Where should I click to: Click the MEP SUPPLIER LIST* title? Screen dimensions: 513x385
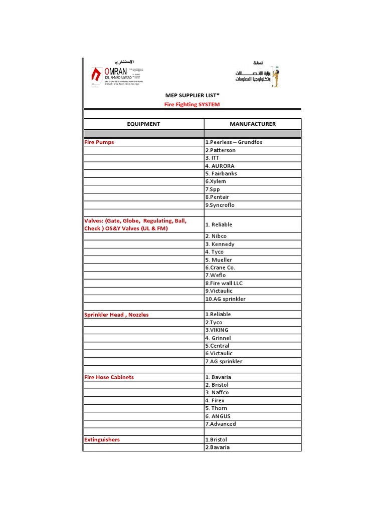click(x=192, y=95)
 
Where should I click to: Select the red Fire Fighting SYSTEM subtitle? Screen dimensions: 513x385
click(x=192, y=105)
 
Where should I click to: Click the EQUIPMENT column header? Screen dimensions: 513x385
click(x=143, y=124)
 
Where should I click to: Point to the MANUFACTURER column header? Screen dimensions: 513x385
click(x=253, y=124)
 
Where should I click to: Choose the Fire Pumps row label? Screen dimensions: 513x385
click(x=99, y=142)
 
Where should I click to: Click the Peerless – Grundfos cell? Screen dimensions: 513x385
click(x=234, y=142)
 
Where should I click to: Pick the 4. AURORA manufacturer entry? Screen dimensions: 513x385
click(x=220, y=166)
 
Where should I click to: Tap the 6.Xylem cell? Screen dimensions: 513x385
click(x=216, y=181)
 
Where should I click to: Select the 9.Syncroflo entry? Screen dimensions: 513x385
click(x=220, y=205)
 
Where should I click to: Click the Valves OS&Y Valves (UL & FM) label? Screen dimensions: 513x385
click(x=135, y=224)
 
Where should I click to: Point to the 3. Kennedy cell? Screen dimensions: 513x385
click(x=220, y=244)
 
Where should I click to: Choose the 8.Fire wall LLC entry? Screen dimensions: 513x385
click(x=224, y=283)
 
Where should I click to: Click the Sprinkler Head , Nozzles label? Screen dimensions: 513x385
click(x=117, y=315)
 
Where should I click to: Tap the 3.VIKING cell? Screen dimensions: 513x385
click(x=217, y=330)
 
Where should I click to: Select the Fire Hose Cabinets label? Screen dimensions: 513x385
click(x=109, y=377)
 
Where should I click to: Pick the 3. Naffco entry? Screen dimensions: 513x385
click(x=217, y=393)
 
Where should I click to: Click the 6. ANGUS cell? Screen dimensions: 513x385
click(x=218, y=416)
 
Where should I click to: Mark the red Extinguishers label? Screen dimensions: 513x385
click(x=102, y=440)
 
